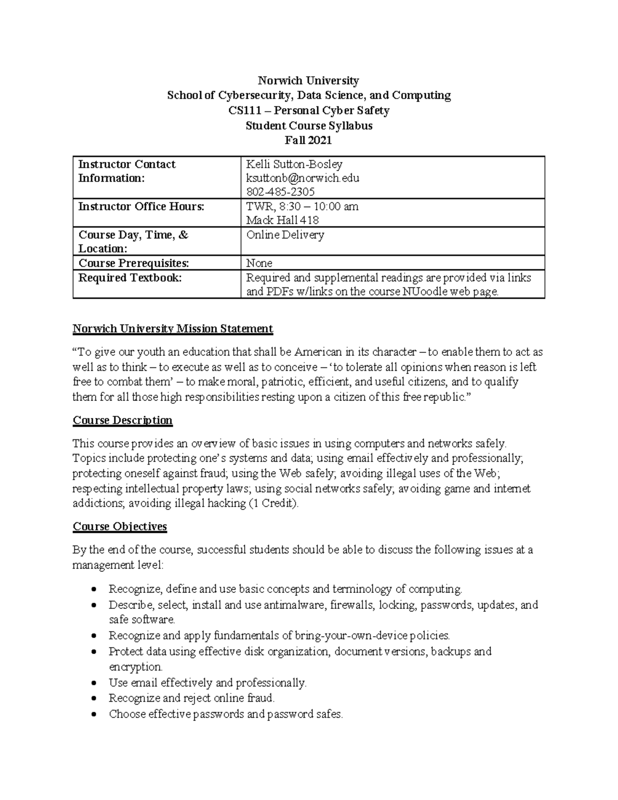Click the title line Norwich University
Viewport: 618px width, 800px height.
[308, 80]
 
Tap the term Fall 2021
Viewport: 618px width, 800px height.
[308, 140]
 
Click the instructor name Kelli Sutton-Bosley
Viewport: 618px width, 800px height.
[294, 164]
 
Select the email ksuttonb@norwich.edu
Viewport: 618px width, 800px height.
[302, 178]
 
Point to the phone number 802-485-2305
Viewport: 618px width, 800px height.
[281, 192]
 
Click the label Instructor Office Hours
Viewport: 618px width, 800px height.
[141, 207]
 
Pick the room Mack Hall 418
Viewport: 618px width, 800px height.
[282, 220]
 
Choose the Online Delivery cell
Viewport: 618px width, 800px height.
[285, 235]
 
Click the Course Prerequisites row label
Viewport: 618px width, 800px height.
[133, 263]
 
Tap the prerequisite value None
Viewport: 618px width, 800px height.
[259, 263]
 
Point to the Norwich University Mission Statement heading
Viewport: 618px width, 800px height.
[173, 329]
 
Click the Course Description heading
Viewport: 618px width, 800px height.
[123, 420]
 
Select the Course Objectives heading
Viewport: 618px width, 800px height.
[119, 526]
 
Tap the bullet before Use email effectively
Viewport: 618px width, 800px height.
[93, 684]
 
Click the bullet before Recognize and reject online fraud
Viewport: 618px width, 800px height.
[93, 699]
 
